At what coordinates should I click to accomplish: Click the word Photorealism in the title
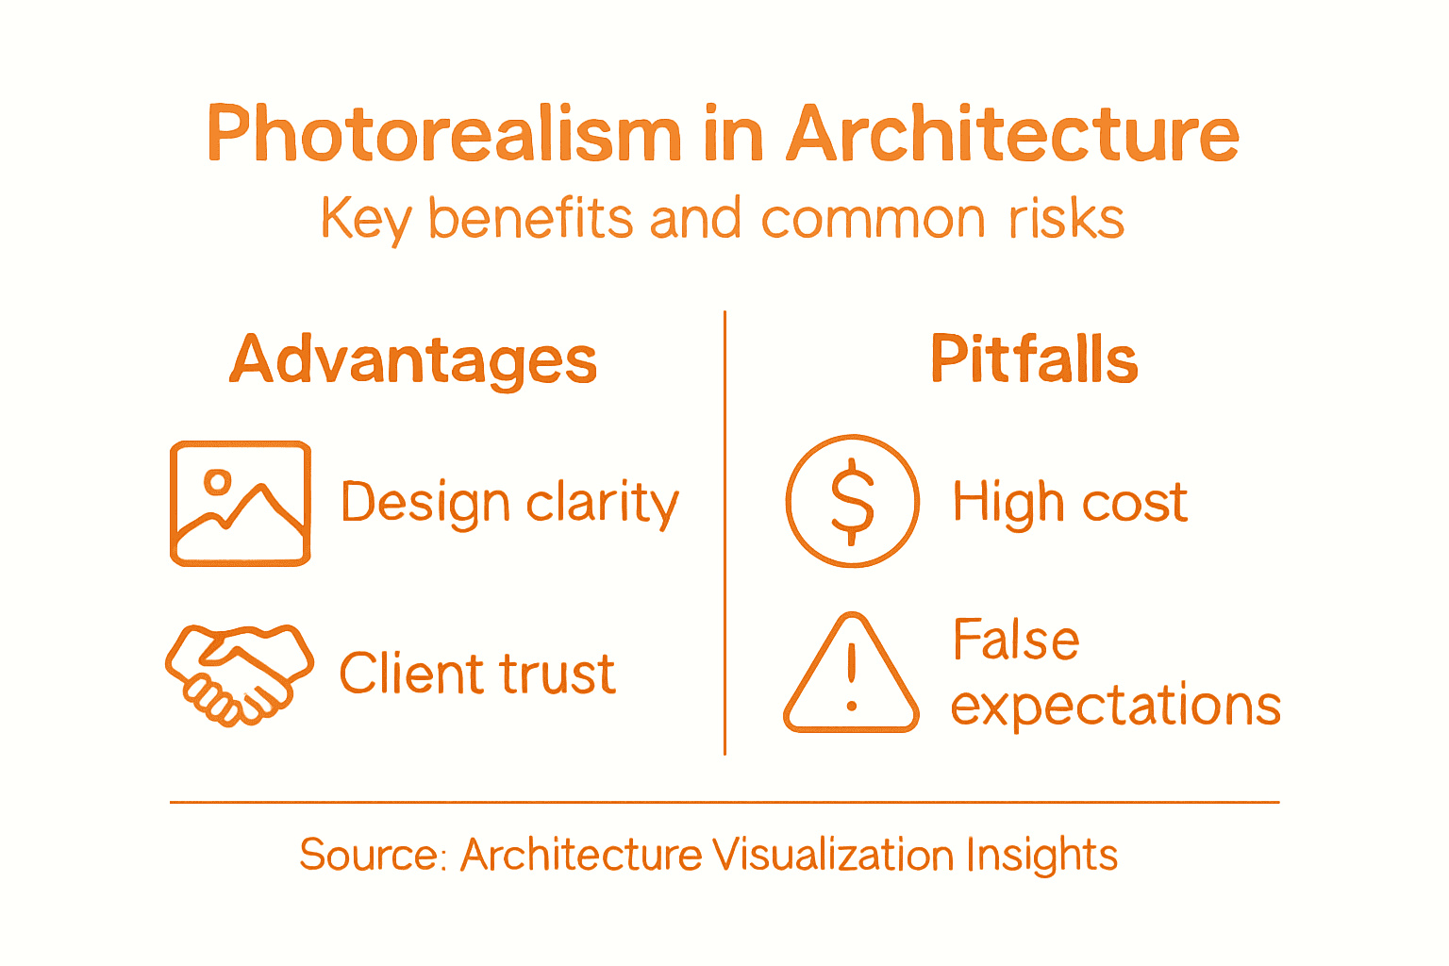tap(443, 134)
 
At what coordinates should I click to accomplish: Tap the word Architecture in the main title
tap(1012, 134)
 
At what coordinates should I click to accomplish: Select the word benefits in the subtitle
tap(531, 219)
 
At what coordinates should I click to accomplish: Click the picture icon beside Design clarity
tap(241, 503)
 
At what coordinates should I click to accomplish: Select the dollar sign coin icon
tap(852, 501)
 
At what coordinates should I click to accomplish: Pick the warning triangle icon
tap(851, 675)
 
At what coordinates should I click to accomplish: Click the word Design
tap(425, 503)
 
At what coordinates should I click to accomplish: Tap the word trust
tap(557, 674)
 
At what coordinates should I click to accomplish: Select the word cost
tap(1135, 502)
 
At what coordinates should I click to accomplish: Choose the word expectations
tap(1116, 706)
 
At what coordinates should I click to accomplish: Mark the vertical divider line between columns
tap(724, 533)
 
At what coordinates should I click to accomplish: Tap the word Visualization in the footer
tap(833, 855)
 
